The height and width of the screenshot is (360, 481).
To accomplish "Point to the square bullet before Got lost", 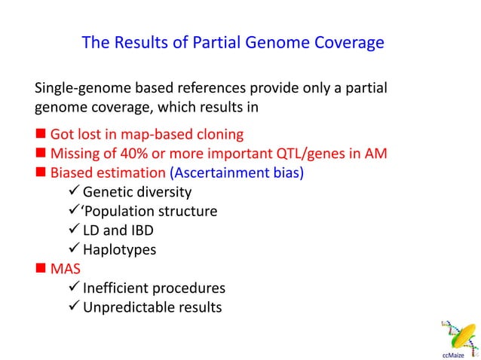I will coord(41,136).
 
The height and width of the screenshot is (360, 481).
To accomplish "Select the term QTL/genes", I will coord(325,154).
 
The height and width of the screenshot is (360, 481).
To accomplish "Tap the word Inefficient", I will coord(117,288).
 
